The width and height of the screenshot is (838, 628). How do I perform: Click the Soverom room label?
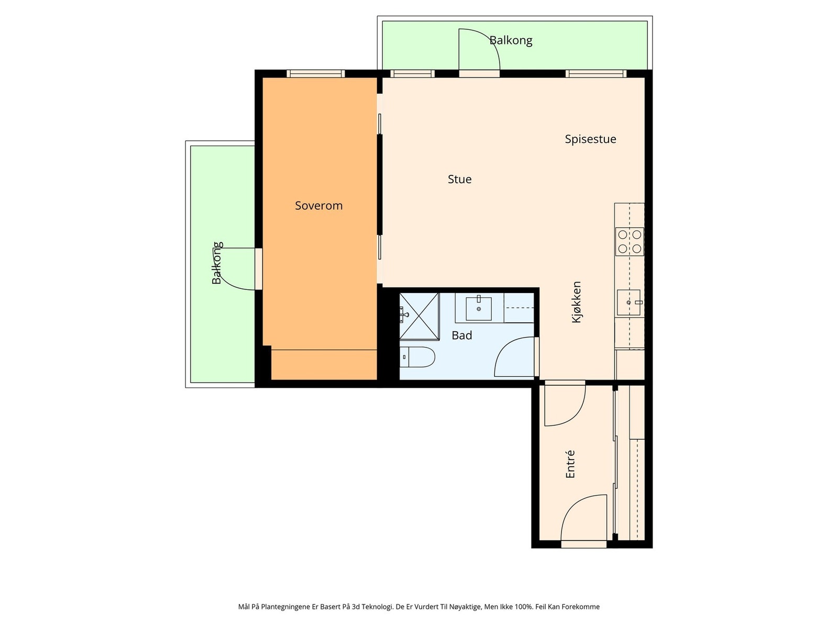(x=318, y=206)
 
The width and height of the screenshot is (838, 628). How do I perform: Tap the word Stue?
(x=459, y=179)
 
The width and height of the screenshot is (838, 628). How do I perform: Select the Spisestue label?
(x=590, y=139)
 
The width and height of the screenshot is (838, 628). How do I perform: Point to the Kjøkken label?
(x=576, y=302)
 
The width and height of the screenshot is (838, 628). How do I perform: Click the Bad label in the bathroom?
(x=461, y=335)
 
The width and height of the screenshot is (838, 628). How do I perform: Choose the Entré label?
(x=570, y=464)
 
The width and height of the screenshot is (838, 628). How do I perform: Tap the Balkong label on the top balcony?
(x=511, y=40)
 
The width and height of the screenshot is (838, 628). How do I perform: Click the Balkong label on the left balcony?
(x=217, y=263)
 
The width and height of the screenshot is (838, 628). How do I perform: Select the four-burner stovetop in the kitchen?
(x=629, y=242)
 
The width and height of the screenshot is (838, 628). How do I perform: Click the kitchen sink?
(x=629, y=302)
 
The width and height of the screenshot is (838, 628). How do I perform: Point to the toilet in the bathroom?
(x=417, y=357)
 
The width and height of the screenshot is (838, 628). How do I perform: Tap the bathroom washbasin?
(x=479, y=308)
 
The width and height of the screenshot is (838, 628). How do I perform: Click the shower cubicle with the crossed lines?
(x=419, y=316)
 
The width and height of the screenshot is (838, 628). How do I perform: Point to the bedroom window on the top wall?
(x=316, y=74)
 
